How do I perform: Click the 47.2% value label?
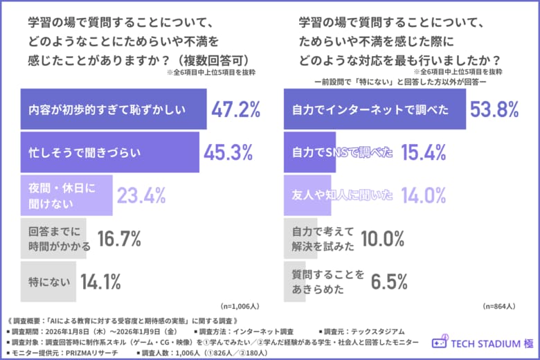click(x=235, y=109)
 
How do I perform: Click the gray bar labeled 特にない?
click(x=48, y=282)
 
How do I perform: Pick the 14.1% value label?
click(x=100, y=282)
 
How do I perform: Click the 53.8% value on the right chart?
click(x=495, y=109)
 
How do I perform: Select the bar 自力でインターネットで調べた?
click(x=375, y=109)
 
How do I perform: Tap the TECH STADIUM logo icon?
click(x=439, y=343)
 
